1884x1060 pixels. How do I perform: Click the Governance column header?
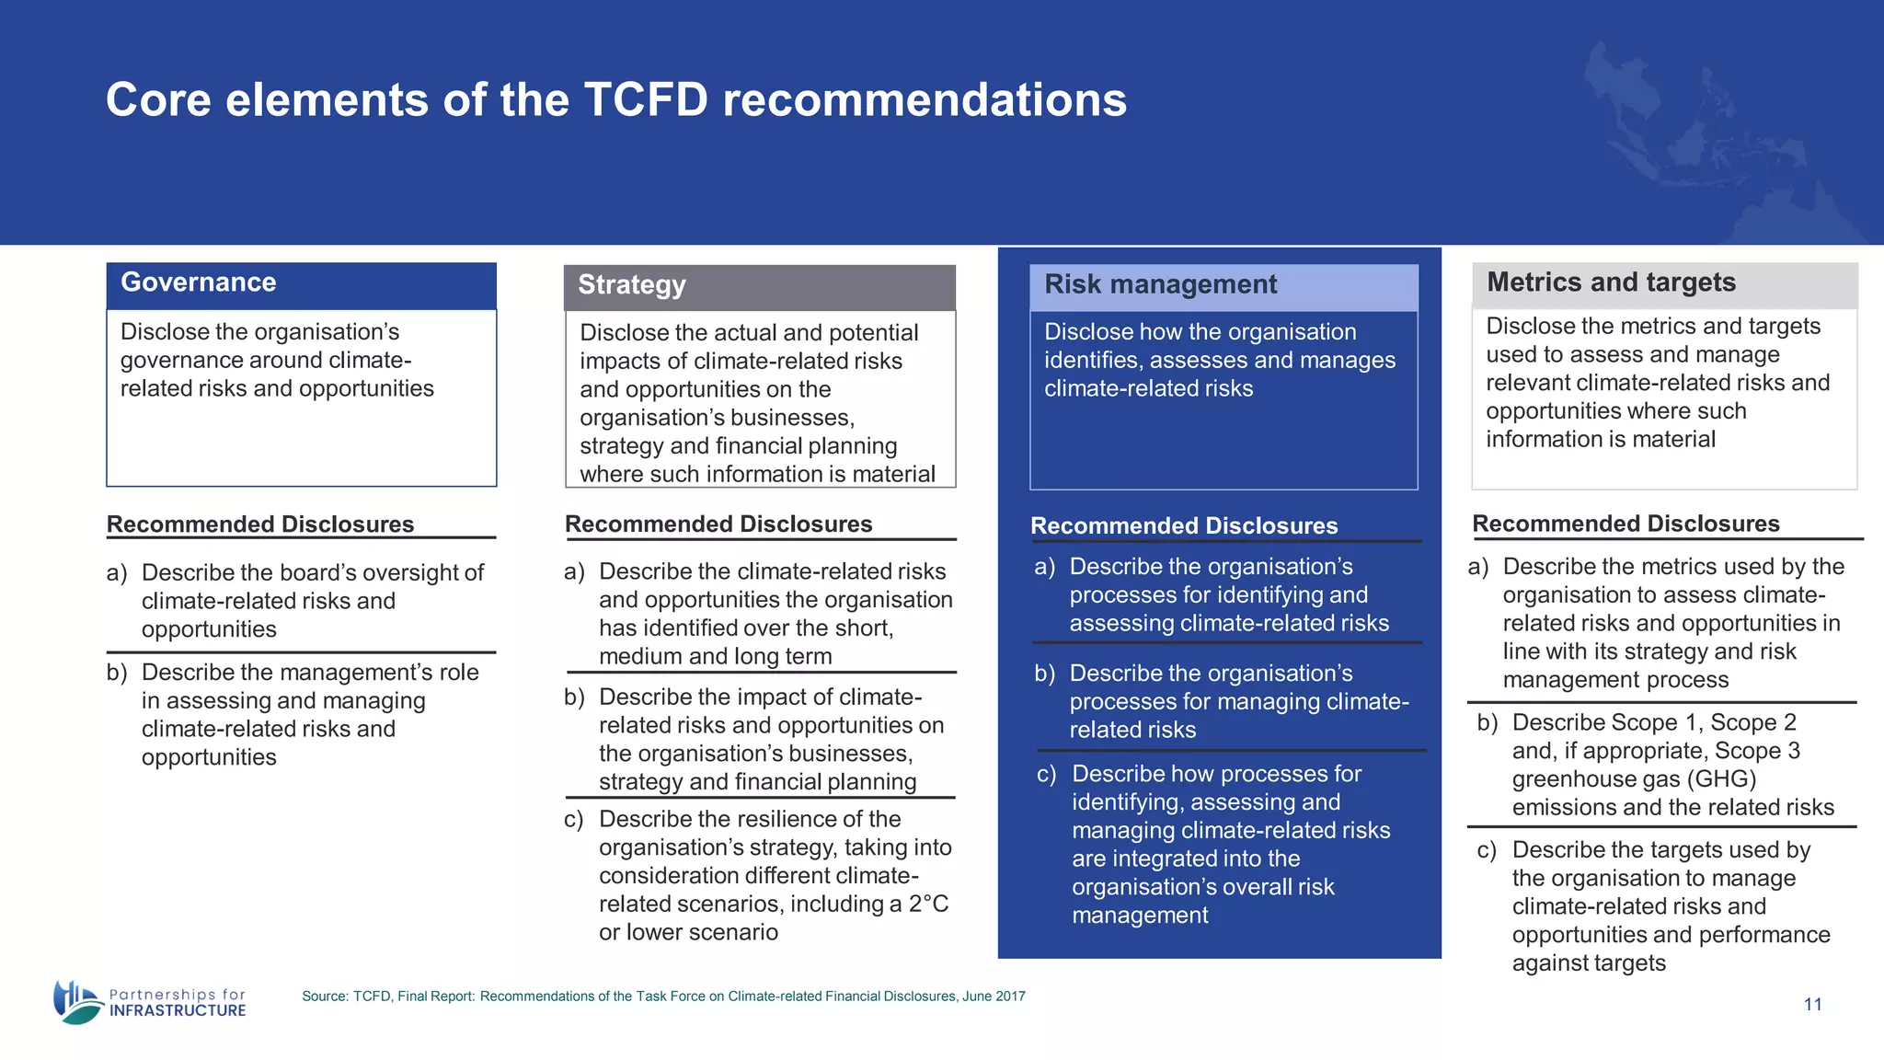pos(199,282)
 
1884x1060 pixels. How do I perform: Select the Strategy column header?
pos(632,285)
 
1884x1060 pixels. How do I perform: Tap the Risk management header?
pos(1160,284)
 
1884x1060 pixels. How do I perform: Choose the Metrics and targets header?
pos(1611,282)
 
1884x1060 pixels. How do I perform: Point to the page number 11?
pos(1812,1005)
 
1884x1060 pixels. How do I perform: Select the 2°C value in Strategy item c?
pos(928,904)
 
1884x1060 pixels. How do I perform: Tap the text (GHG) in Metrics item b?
pos(1722,779)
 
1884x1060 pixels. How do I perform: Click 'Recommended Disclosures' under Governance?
pos(260,524)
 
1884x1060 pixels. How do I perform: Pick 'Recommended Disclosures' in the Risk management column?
pos(1184,526)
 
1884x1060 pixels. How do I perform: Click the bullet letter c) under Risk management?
pos(1046,775)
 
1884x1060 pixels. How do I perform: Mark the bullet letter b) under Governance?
pos(116,673)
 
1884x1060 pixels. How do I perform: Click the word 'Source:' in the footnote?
pos(325,997)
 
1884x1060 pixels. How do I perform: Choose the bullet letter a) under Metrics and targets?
pos(1478,567)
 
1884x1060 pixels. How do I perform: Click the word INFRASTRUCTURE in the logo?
pos(178,1010)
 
